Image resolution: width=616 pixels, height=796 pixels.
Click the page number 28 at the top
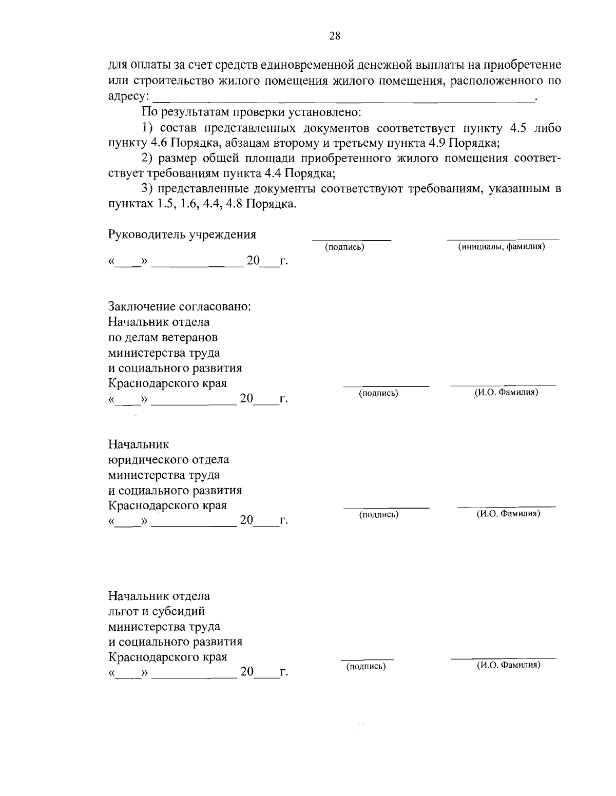(335, 35)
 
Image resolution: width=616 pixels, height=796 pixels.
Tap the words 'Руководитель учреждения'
(182, 235)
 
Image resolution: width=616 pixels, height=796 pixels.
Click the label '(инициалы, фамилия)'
(502, 247)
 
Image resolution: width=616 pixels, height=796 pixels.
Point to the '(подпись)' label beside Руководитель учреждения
(344, 248)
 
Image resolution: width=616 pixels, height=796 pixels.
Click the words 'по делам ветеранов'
(163, 338)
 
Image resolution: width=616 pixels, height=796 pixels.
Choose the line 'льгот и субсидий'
(157, 611)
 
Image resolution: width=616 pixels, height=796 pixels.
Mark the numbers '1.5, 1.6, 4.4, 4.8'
(199, 204)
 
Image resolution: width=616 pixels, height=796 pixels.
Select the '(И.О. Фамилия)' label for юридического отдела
(507, 514)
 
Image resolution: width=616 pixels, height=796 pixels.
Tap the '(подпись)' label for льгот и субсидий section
(365, 666)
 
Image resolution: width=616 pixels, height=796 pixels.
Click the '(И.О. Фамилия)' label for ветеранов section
(506, 393)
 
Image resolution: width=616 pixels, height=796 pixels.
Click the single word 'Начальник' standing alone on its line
(139, 444)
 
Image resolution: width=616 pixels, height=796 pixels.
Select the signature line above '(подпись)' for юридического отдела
(386, 507)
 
